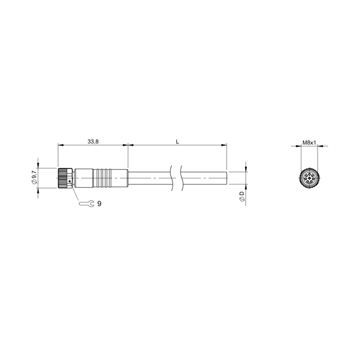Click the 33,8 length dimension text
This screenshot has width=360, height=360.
pos(93,142)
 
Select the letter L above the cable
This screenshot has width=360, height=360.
pos(177,142)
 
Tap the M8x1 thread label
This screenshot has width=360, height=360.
pos(309,143)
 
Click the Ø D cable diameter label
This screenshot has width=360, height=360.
pos(242,196)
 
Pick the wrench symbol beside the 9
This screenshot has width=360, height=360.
pos(86,203)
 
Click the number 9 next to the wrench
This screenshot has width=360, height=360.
pos(99,204)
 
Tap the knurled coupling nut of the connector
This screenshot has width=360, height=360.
pos(62,178)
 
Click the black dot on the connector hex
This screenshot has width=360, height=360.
pos(70,181)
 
